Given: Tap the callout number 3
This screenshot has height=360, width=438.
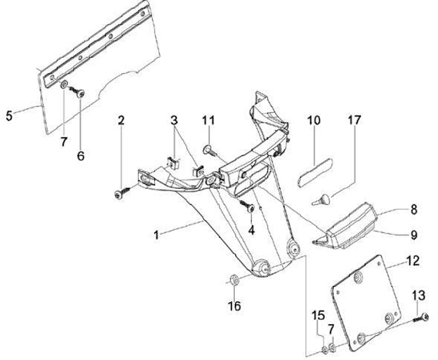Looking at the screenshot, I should click(x=175, y=120).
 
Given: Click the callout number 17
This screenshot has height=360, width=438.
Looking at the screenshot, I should click(x=353, y=120).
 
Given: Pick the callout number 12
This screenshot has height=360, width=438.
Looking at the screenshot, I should click(x=413, y=261).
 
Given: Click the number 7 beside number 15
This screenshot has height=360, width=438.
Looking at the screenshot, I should click(x=331, y=330).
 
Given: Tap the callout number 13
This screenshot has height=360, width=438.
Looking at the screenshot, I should click(x=419, y=296).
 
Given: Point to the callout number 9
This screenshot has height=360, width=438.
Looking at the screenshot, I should click(x=413, y=234).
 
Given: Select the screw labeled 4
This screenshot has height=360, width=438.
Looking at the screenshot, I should click(x=250, y=207).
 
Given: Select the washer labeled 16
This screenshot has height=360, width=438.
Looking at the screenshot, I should click(x=232, y=280).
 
